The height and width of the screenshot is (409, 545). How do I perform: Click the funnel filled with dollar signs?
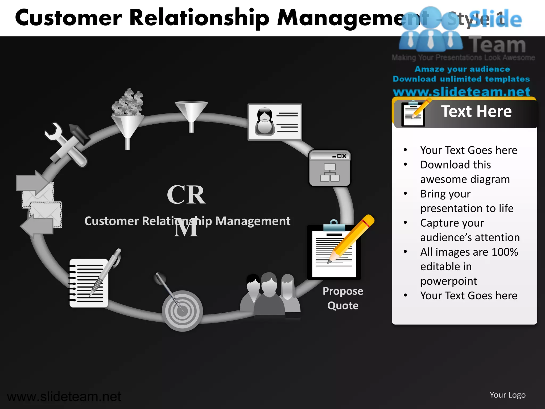coord(128,117)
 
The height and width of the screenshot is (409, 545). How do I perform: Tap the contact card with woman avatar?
coord(275,122)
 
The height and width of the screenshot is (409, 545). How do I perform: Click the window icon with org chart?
coord(330,168)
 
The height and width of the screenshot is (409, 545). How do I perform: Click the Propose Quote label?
coord(343,298)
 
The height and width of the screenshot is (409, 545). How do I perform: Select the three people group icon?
coord(270,296)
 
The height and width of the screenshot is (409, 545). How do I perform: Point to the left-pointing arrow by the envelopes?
coord(37,226)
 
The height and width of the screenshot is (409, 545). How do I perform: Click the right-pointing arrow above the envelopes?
coord(32,183)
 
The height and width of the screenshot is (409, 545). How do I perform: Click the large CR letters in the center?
coord(186,195)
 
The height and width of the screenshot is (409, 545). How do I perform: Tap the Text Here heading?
coord(476,111)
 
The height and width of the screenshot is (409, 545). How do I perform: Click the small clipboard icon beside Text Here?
coord(413,114)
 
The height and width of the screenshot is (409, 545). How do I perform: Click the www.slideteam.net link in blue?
coord(461,92)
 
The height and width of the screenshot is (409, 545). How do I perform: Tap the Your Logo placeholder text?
coord(507,395)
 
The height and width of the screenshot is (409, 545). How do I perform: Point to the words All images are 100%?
coord(469,252)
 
